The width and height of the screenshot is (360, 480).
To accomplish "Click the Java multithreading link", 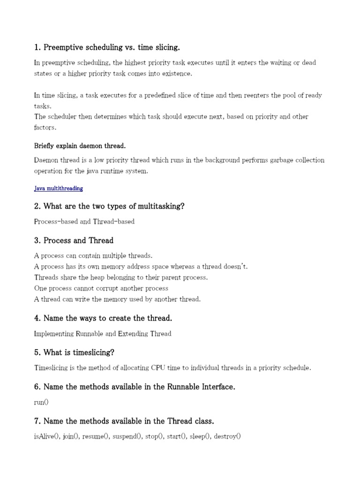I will tap(59, 188).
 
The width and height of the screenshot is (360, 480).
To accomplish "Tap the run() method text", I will tap(41, 402).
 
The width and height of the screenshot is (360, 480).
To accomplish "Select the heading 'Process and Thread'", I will tap(74, 240).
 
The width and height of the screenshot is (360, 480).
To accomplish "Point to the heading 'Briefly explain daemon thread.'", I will tap(80, 145).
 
